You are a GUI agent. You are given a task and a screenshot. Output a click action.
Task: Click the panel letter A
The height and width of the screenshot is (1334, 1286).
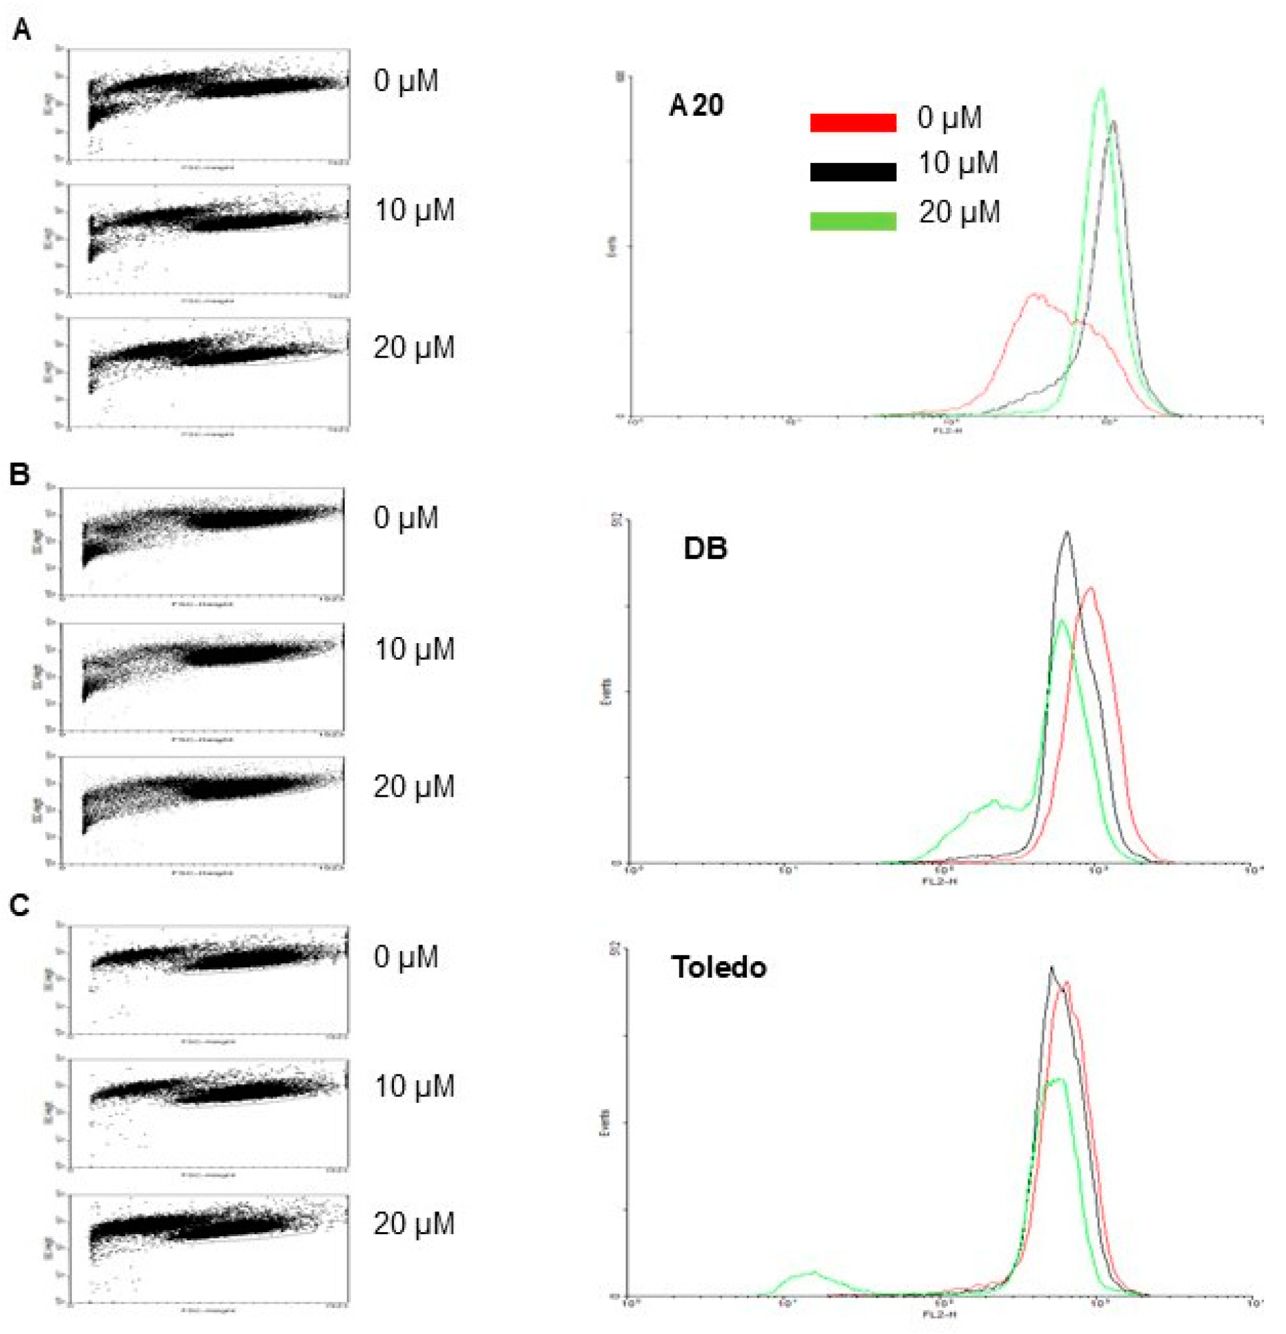click(22, 30)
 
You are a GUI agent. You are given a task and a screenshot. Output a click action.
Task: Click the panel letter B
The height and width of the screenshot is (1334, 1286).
click(21, 475)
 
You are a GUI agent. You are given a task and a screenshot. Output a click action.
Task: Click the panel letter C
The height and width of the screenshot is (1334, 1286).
click(21, 906)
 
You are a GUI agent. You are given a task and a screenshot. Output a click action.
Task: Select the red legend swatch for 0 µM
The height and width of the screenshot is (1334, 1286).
click(853, 122)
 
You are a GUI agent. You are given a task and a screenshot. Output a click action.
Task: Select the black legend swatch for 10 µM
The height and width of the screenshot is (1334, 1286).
click(853, 172)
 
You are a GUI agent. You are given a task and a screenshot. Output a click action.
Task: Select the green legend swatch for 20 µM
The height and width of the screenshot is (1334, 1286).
click(853, 221)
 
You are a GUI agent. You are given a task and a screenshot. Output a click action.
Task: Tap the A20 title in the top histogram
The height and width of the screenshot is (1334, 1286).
click(696, 107)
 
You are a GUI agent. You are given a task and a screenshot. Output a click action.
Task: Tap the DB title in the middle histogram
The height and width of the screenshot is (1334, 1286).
click(705, 549)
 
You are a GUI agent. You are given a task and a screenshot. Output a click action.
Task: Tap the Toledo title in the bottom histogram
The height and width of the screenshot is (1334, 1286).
click(718, 967)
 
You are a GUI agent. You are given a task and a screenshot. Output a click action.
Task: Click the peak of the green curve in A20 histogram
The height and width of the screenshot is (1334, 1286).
click(1102, 89)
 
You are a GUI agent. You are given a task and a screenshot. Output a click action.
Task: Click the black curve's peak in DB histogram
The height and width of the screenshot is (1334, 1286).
click(1067, 533)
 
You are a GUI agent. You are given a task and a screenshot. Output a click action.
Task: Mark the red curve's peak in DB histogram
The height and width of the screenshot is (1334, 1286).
click(1092, 588)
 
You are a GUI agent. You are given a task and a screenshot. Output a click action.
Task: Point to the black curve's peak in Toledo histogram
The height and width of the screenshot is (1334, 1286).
click(1051, 967)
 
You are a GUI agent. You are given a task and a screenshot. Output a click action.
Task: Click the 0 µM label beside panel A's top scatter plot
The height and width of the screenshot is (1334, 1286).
click(405, 81)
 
